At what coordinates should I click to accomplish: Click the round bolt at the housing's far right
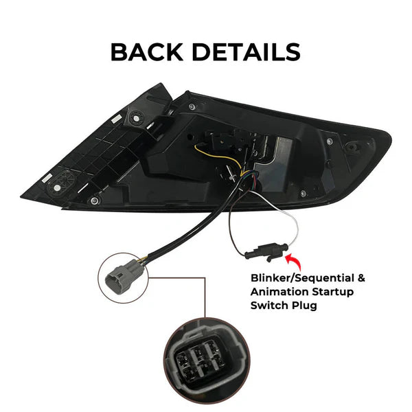tap(352, 146)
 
